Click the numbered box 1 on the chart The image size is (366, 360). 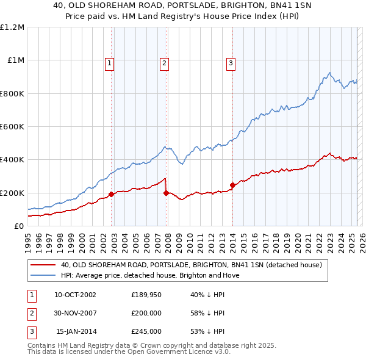(x=109, y=63)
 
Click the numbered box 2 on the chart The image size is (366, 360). (x=165, y=63)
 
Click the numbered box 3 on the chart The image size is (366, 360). (x=231, y=63)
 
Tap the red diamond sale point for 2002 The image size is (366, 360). (x=112, y=195)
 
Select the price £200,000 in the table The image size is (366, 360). (x=146, y=314)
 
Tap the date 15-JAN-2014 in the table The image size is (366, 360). (x=76, y=331)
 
